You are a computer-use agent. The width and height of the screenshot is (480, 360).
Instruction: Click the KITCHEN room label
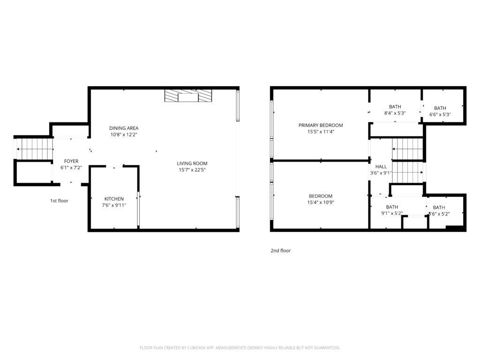click(114, 199)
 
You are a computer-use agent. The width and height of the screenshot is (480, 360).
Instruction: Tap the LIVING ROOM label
click(192, 164)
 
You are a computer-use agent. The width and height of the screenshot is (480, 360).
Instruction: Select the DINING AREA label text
click(124, 128)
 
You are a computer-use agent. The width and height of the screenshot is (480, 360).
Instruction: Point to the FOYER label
click(71, 161)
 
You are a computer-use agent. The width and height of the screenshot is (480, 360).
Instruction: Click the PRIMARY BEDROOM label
click(321, 125)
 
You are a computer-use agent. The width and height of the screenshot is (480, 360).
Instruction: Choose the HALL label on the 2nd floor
click(381, 166)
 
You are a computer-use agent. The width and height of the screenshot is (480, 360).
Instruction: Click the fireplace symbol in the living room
click(188, 96)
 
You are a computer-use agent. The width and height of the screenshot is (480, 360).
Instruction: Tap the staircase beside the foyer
click(33, 149)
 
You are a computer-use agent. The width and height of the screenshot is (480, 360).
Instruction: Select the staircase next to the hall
click(407, 161)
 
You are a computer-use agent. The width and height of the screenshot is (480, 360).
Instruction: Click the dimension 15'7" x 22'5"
click(192, 170)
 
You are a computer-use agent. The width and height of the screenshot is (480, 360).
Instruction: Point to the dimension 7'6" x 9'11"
click(114, 205)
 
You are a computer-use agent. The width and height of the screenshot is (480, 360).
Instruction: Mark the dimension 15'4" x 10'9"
click(321, 202)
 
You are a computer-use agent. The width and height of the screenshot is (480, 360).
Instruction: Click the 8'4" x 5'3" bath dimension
click(395, 113)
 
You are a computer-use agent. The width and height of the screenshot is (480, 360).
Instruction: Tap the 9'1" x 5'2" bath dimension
click(392, 213)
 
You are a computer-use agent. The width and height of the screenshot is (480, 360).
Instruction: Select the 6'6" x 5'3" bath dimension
click(440, 114)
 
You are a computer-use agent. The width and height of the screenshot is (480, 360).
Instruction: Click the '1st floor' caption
click(59, 201)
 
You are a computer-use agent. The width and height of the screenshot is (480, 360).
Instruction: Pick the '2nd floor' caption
click(280, 251)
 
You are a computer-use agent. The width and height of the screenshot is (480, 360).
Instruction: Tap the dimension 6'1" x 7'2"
click(71, 167)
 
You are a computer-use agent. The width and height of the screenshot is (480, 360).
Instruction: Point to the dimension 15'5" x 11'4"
click(321, 132)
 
